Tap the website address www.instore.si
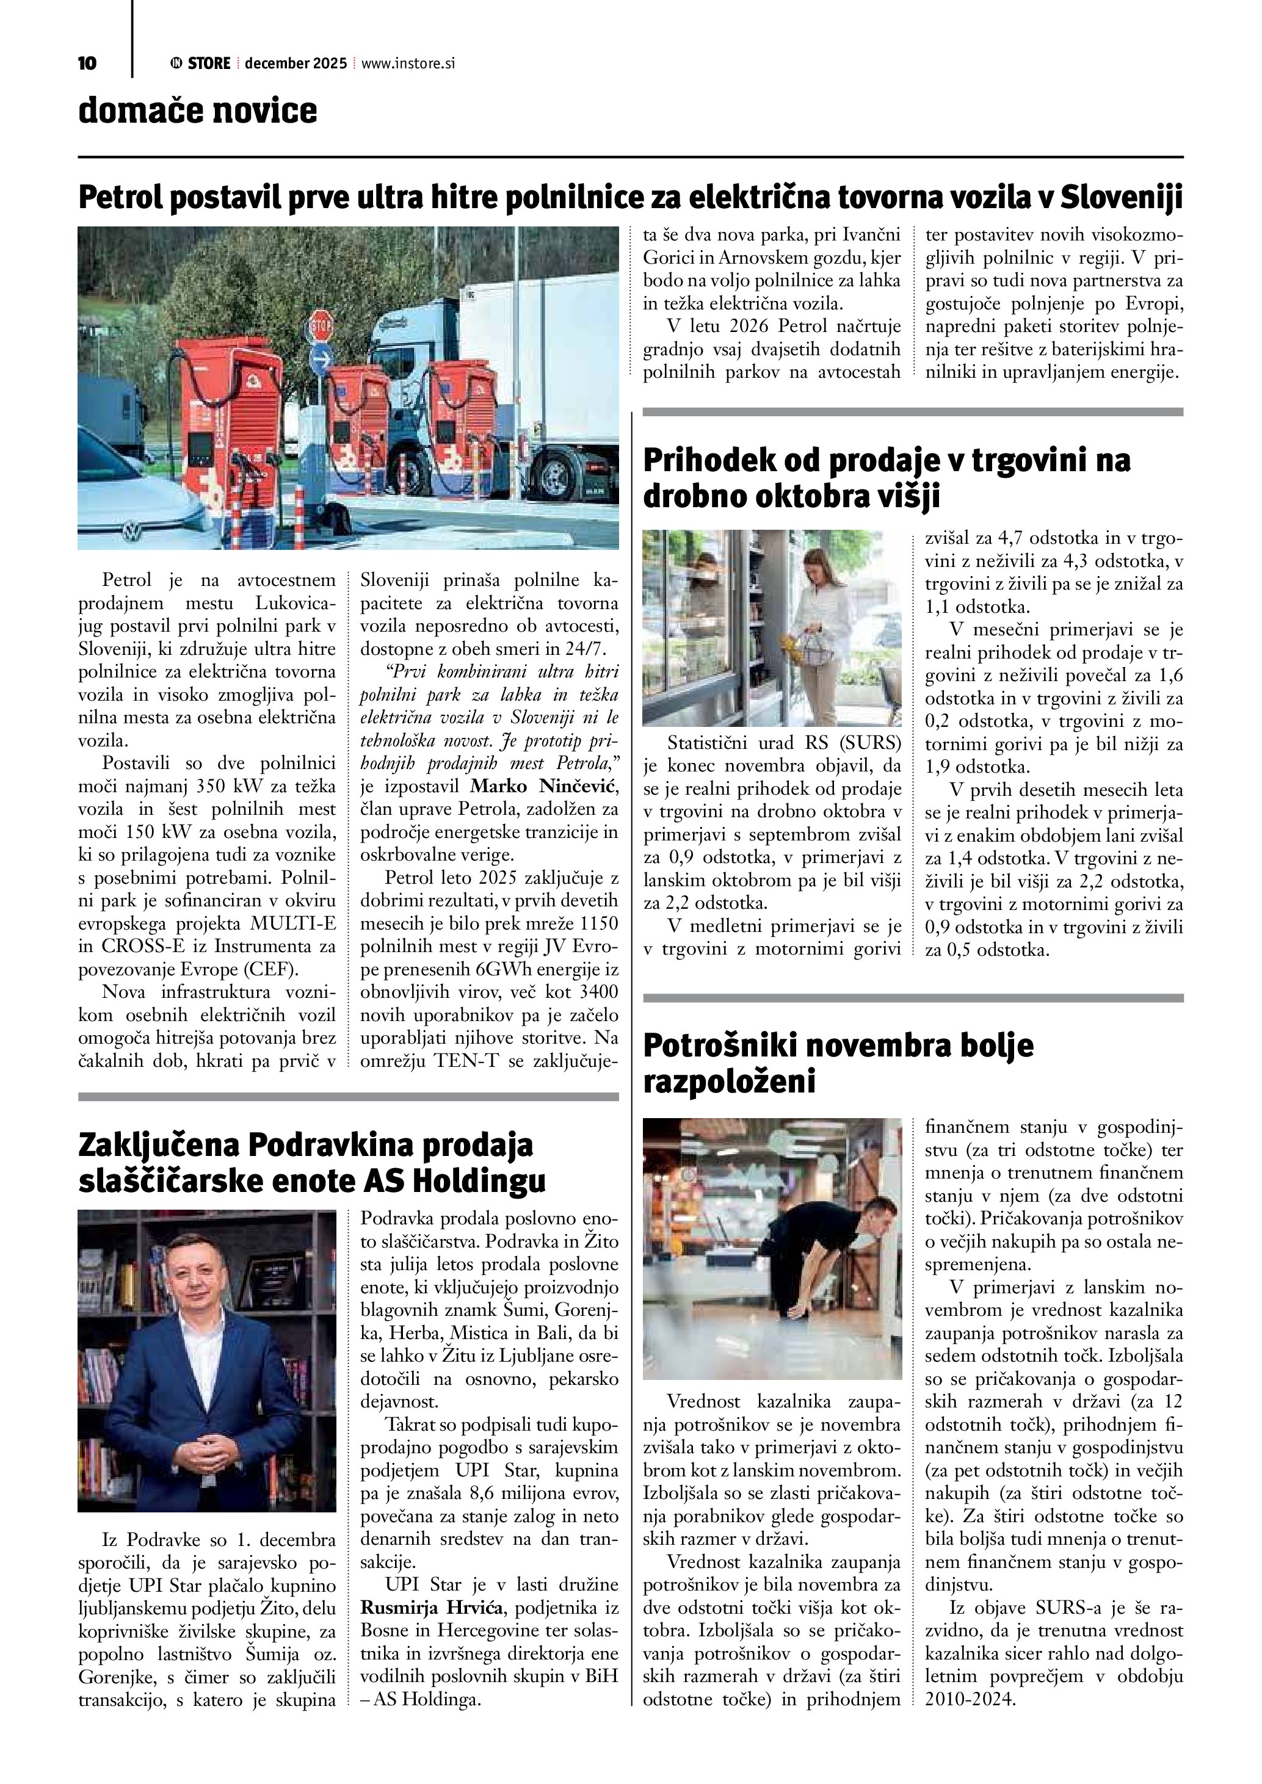click(x=407, y=63)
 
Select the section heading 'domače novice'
click(x=197, y=111)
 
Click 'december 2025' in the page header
click(x=296, y=63)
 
